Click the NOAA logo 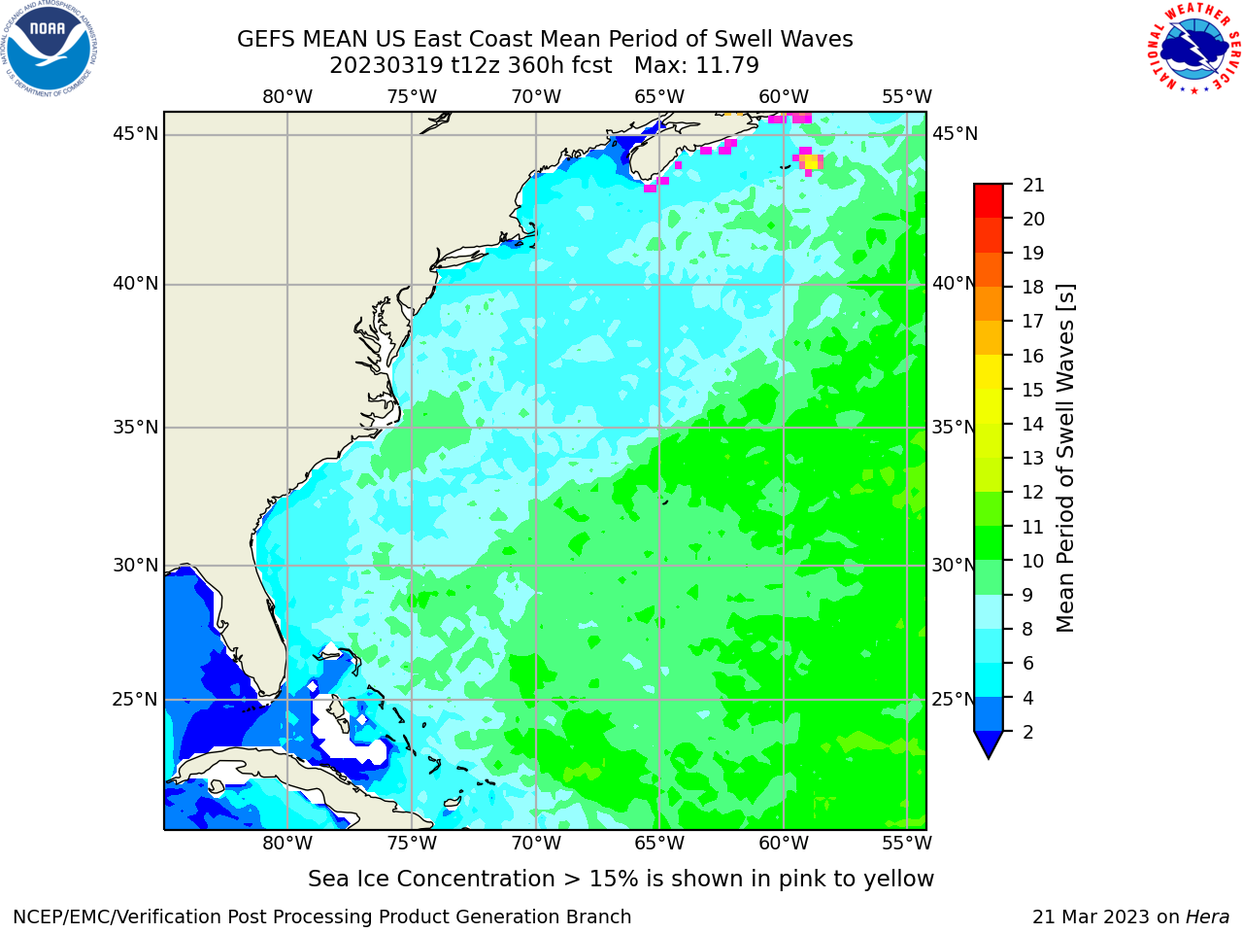50,49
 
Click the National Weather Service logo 1193,48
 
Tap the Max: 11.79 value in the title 696,66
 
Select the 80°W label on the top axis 287,97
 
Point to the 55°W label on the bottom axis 907,843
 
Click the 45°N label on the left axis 135,134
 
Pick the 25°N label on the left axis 135,700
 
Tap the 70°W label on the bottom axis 536,843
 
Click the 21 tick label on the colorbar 1033,186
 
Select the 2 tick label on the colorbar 1027,732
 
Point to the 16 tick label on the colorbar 1033,356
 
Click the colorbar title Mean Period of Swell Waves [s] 1065,459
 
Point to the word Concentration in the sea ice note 476,879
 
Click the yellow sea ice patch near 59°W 811,161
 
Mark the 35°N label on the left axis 135,427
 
